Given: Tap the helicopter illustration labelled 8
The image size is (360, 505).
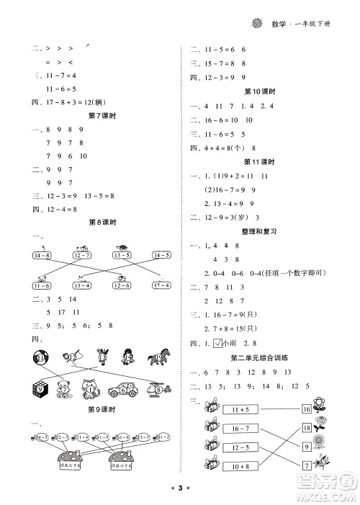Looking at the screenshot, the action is pyautogui.click(x=159, y=390).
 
